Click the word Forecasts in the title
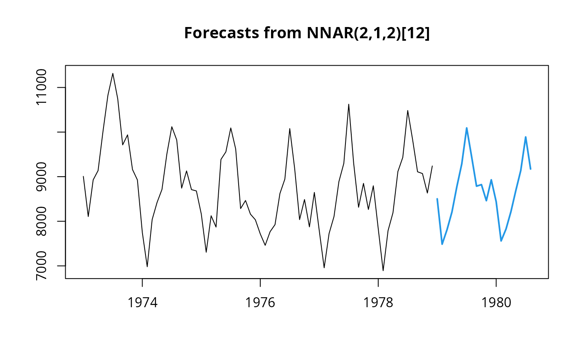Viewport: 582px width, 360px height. coord(221,33)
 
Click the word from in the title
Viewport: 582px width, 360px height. coord(283,33)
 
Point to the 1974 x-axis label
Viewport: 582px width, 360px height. coord(142,302)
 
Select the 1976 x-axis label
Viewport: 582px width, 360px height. coord(260,302)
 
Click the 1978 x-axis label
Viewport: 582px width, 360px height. coord(378,302)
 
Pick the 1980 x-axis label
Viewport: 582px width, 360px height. coord(496,302)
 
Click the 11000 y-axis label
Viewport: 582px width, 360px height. coord(41,88)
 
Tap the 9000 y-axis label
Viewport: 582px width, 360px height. coord(41,177)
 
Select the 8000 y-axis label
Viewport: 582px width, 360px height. coord(41,221)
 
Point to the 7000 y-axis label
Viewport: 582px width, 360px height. coord(41,266)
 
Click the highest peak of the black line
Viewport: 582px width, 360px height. coord(113,73)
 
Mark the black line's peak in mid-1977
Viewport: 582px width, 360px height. coord(349,104)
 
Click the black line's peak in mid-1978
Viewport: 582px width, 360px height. coord(408,111)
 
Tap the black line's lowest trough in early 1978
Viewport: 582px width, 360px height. coord(383,271)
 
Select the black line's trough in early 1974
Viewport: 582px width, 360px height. coord(147,267)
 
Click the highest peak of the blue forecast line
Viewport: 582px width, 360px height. coord(466,128)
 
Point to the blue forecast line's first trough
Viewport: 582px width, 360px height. coord(442,244)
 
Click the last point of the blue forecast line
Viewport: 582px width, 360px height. coord(530,169)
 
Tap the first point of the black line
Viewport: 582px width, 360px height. coord(84,176)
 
